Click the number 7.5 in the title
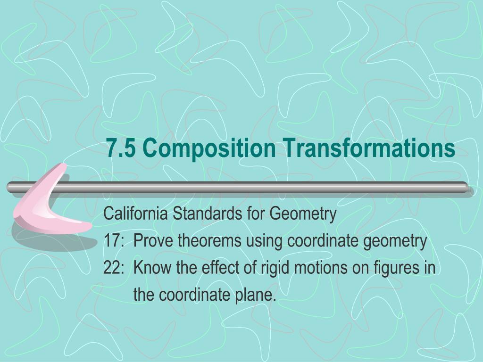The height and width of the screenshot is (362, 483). click(121, 148)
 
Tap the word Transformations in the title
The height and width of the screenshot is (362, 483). click(369, 148)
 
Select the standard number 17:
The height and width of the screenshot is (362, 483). click(113, 242)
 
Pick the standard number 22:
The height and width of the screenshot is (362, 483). click(113, 268)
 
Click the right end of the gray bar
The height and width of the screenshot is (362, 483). click(467, 187)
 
